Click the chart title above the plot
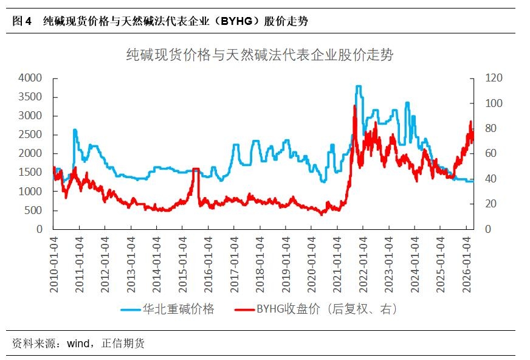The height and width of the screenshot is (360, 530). pyautogui.click(x=260, y=55)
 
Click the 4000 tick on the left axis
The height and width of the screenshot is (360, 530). pyautogui.click(x=30, y=78)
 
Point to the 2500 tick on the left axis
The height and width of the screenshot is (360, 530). pyautogui.click(x=30, y=134)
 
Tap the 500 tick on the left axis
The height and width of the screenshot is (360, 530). pyautogui.click(x=33, y=210)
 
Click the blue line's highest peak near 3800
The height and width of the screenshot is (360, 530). pyautogui.click(x=359, y=86)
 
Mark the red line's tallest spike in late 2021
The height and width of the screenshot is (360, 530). pyautogui.click(x=355, y=106)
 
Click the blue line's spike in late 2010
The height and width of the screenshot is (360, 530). pyautogui.click(x=75, y=130)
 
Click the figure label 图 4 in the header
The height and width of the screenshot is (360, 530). pyautogui.click(x=22, y=21)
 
